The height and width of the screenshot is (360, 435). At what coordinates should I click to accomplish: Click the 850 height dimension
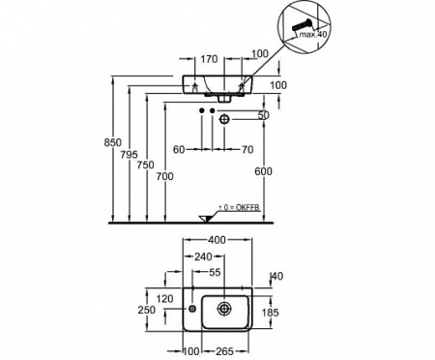click(x=112, y=142)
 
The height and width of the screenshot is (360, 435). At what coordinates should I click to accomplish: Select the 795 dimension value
click(x=129, y=155)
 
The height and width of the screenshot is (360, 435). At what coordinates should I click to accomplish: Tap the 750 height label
click(x=145, y=165)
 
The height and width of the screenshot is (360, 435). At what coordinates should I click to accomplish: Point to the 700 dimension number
click(x=164, y=176)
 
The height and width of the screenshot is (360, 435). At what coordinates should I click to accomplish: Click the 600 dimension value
click(x=263, y=171)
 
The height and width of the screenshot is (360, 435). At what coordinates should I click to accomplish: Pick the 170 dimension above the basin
click(x=209, y=59)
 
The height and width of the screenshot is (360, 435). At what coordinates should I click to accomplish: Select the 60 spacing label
click(x=179, y=149)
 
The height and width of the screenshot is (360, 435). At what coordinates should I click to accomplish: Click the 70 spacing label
click(x=247, y=149)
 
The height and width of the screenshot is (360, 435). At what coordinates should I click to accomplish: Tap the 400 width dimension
click(x=217, y=240)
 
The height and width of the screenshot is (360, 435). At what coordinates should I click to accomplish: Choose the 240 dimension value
click(x=203, y=256)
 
